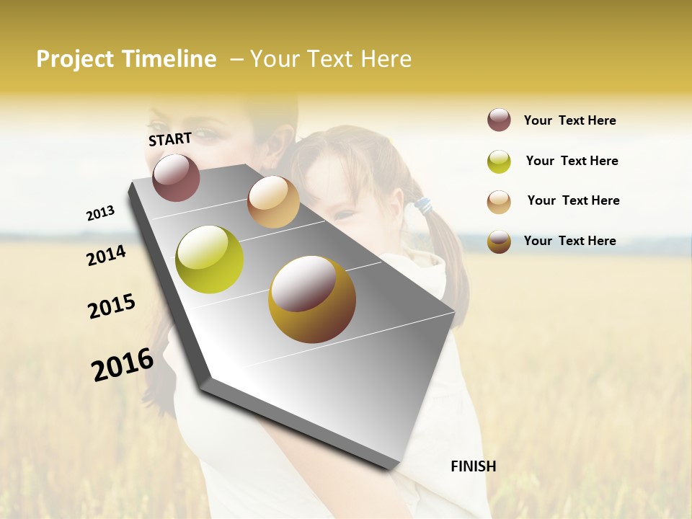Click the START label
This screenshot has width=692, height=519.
[x=170, y=139]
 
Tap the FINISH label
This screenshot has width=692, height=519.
[x=474, y=466]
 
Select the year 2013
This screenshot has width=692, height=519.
[x=100, y=213]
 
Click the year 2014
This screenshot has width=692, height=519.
[x=106, y=255]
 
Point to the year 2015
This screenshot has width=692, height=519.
[x=112, y=306]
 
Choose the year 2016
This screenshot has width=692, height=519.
[x=123, y=365]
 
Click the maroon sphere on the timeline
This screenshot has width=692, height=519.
[x=177, y=177]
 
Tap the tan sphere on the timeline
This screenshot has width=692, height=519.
[x=273, y=202]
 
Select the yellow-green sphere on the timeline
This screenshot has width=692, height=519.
[x=210, y=259]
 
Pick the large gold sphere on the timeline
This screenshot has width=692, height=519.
[x=312, y=299]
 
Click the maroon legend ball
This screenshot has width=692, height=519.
[x=499, y=120]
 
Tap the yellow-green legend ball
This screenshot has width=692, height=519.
[x=499, y=161]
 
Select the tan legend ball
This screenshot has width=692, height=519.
[x=499, y=201]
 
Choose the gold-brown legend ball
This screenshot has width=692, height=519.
[x=499, y=241]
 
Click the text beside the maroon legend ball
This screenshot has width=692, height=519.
[x=569, y=120]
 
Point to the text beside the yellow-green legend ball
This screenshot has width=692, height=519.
[x=572, y=161]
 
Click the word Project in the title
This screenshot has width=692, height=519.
[x=76, y=59]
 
